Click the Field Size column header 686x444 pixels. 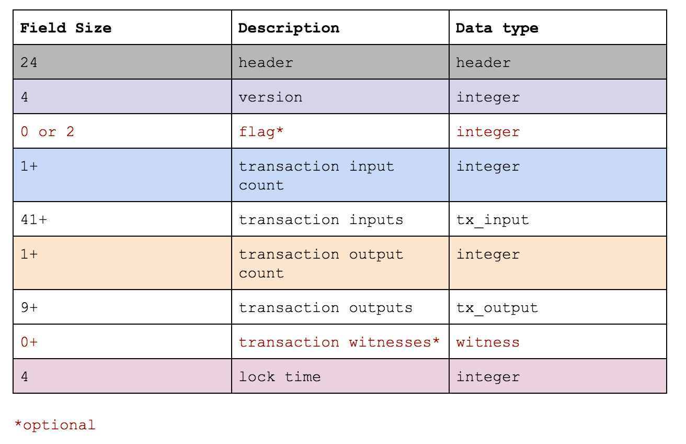(x=66, y=28)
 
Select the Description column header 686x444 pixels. (x=289, y=28)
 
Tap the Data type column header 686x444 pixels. (x=497, y=28)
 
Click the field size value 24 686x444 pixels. (x=29, y=63)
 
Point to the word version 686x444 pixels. (x=270, y=97)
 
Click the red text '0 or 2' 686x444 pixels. (x=48, y=132)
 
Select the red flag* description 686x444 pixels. (x=261, y=132)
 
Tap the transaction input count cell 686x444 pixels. (x=316, y=175)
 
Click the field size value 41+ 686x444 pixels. (x=33, y=219)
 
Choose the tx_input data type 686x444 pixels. (x=493, y=219)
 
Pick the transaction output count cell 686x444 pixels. (x=321, y=263)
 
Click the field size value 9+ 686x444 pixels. (x=29, y=307)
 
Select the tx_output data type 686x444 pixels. (x=497, y=307)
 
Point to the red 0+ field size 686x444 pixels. (x=29, y=342)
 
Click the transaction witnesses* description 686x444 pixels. (x=339, y=342)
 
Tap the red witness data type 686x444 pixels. (x=488, y=342)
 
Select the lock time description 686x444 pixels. (x=280, y=376)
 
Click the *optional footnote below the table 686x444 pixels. (x=55, y=425)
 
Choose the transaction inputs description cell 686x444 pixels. (x=321, y=219)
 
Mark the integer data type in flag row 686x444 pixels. (x=488, y=132)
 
